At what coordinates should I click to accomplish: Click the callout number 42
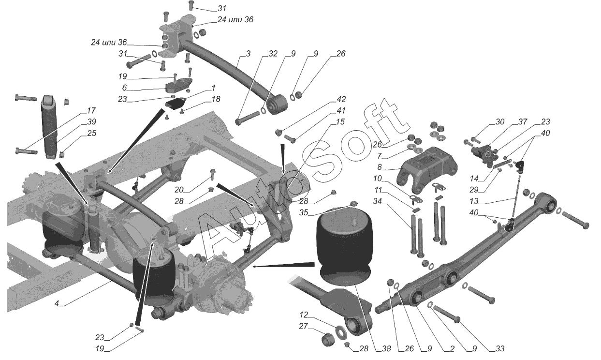pos(341,99)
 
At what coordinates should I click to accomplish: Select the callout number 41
pos(341,111)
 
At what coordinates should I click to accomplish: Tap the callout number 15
pos(340,122)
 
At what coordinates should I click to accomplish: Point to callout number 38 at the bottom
pos(386,349)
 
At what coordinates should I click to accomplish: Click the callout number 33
pos(500,349)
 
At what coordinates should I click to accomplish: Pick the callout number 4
pos(57,303)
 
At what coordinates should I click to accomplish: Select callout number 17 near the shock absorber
pos(91,111)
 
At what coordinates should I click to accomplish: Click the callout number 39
pos(91,122)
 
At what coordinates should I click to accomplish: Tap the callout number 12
pos(304,315)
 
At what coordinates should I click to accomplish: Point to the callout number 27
pos(304,326)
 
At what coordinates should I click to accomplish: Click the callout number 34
pos(378,201)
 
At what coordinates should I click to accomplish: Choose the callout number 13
pos(474,201)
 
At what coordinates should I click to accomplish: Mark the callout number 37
pos(523,122)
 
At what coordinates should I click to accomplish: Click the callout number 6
pos(124,88)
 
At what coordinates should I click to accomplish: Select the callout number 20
pos(179,190)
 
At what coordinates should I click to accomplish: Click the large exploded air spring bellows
pos(345,248)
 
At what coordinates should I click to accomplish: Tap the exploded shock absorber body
pos(49,127)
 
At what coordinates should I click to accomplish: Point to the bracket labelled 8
pos(427,169)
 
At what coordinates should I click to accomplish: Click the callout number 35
pos(304,212)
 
